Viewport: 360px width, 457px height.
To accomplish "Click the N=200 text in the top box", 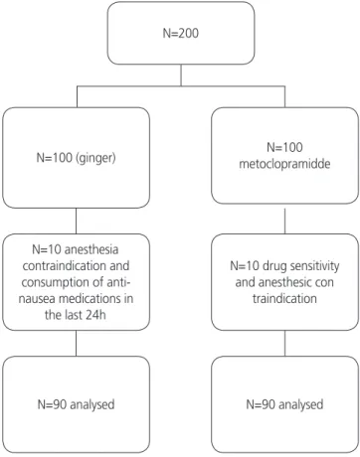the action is pos(181,33).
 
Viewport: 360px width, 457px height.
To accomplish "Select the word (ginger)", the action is pos(95,158).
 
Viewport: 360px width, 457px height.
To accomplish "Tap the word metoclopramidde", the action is pos(284,164).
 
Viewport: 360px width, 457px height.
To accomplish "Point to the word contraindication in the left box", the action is pos(76,265).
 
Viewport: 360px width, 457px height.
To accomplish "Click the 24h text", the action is pos(95,315).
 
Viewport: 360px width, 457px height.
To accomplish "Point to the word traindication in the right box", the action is pos(284,298).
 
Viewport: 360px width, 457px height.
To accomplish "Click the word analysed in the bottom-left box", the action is pos(92,404).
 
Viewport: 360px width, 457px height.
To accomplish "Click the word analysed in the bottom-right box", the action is pos(301,404).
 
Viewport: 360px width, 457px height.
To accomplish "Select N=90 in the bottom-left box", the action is pos(53,404).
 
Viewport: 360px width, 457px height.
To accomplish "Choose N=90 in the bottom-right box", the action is pos(261,404).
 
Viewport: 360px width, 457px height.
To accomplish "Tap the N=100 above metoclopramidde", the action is pos(284,147).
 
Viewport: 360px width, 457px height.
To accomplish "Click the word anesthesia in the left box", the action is pos(91,249).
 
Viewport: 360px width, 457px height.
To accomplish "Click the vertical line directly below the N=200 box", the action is pos(181,76).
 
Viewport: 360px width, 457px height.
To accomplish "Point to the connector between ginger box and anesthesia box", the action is pos(77,222).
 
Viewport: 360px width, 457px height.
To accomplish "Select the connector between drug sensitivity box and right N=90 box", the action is pos(285,344).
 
